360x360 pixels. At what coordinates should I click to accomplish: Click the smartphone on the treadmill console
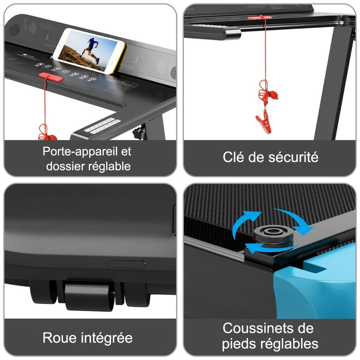click(x=90, y=50)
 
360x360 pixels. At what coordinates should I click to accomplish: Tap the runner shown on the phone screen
click(x=90, y=49)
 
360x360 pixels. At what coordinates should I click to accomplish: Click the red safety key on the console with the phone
click(x=51, y=77)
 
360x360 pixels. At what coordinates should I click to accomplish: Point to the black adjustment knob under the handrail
click(x=140, y=133)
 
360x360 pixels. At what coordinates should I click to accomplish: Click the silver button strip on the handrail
click(x=102, y=125)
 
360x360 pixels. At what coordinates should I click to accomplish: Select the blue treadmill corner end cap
click(x=316, y=281)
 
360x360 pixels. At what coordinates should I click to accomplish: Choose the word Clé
click(x=233, y=157)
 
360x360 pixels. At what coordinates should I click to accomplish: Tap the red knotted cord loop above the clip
click(x=267, y=94)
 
